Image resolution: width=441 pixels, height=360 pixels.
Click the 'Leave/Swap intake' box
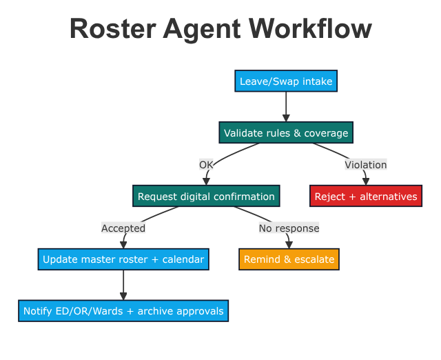coord(286,81)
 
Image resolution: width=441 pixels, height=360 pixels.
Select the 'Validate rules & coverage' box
coord(286,132)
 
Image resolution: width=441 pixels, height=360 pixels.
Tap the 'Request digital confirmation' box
coord(206,196)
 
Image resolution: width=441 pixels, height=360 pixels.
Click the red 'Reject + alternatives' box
coord(366,196)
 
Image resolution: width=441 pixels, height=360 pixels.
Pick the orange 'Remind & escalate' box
coord(289,259)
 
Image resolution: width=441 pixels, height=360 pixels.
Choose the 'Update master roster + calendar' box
coord(123,259)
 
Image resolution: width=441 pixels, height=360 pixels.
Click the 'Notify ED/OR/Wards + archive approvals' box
coord(123,311)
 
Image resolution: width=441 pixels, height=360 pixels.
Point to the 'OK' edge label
coord(206,165)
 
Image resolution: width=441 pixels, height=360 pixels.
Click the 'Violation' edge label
coord(366,165)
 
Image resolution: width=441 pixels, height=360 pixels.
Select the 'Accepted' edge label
coord(123,228)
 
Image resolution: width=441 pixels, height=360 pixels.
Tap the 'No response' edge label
coord(289,228)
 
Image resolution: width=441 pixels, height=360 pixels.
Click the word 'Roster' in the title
coord(113,29)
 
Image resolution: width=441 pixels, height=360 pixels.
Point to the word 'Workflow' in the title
coord(310,29)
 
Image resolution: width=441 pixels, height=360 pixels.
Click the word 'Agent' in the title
coord(202,30)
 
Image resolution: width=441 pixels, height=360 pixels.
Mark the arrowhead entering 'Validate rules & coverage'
coord(286,118)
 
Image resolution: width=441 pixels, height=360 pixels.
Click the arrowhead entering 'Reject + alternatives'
coord(366,181)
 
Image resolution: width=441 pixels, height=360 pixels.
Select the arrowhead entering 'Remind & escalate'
coord(289,245)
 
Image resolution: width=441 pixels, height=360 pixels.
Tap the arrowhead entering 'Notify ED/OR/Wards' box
coord(123,297)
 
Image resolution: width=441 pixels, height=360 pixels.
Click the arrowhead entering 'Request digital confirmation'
coord(207,181)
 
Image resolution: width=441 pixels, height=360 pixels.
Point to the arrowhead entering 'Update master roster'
coord(123,245)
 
